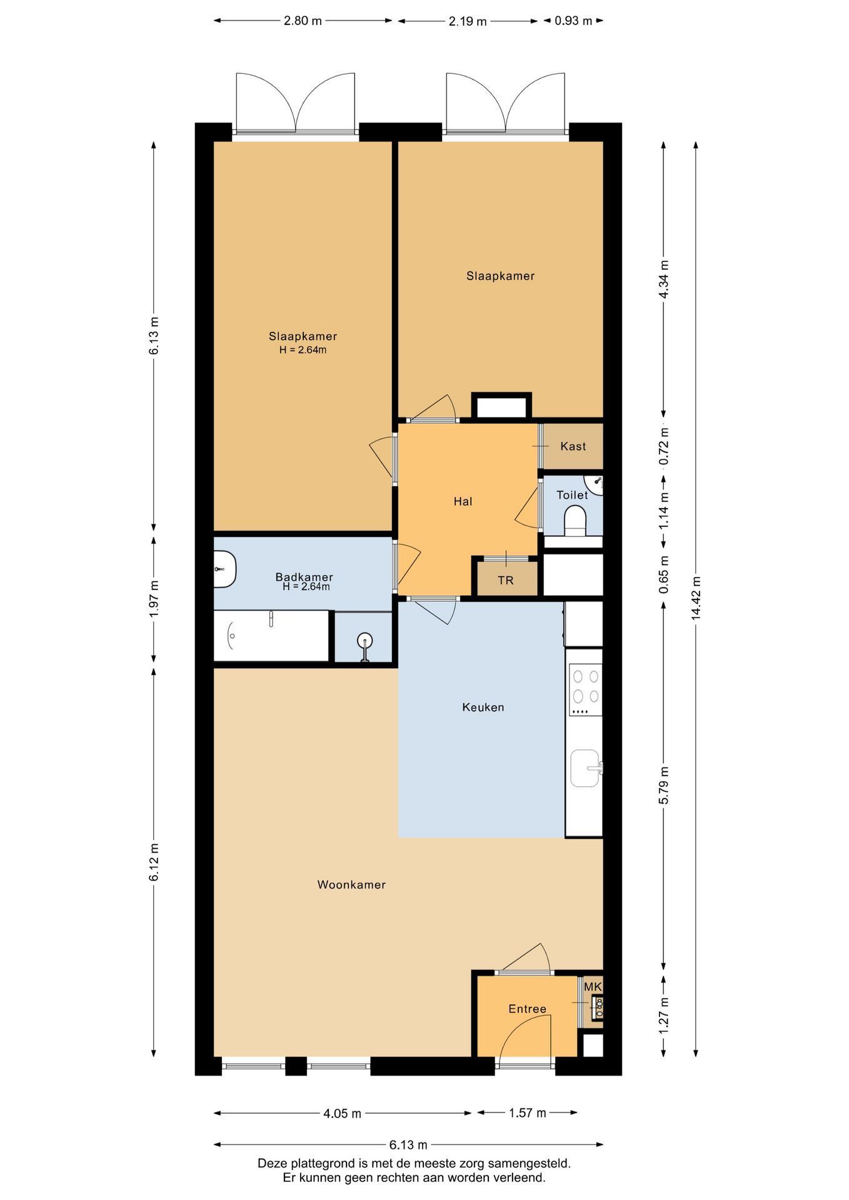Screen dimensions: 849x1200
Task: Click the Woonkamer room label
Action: pos(351,884)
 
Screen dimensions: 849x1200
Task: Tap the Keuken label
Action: pos(483,707)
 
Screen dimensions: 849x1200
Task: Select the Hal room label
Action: pos(463,501)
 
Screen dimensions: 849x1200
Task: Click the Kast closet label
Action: pos(573,446)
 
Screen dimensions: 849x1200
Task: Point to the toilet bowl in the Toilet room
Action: pos(575,521)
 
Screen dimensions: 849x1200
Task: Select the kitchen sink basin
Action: pos(586,768)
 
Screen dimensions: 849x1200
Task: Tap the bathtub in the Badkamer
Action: pos(271,636)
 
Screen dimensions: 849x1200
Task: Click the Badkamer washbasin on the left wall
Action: pos(224,569)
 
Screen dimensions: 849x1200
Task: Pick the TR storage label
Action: pos(506,581)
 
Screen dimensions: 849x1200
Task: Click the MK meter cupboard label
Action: pos(593,987)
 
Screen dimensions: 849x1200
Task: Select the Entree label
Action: pos(527,1009)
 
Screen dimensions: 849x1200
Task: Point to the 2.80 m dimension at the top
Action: pos(303,21)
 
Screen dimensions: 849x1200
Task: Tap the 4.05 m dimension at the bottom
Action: pos(343,1113)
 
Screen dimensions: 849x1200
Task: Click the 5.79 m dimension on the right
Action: pos(664,785)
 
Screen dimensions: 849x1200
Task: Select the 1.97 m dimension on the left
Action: pos(154,599)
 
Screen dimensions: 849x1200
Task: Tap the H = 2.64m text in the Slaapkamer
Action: pos(303,350)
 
